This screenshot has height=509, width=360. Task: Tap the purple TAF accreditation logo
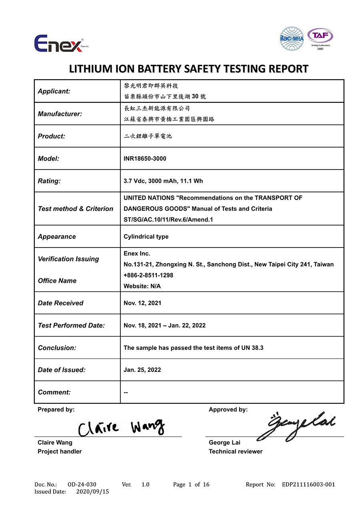click(x=320, y=38)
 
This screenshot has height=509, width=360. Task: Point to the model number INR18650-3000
click(x=145, y=159)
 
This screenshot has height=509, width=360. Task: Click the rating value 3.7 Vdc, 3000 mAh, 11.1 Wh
click(x=163, y=181)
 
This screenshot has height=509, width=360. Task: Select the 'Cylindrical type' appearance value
click(x=146, y=237)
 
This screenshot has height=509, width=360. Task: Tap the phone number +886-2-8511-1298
click(x=148, y=275)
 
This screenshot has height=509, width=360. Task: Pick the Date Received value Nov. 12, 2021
click(x=142, y=303)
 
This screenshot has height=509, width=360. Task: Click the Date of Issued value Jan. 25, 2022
click(x=142, y=370)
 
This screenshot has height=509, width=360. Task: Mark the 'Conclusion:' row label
click(x=57, y=348)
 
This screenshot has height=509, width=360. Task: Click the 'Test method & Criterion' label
click(x=76, y=209)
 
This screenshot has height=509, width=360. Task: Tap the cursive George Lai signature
click(x=296, y=426)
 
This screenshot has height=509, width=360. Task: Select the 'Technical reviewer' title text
click(x=236, y=451)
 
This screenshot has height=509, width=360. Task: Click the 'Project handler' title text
click(x=60, y=451)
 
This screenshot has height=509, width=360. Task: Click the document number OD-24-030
click(x=82, y=485)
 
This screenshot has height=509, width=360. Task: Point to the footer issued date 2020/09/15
click(x=92, y=492)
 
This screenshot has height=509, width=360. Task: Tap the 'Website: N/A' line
click(x=142, y=286)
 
